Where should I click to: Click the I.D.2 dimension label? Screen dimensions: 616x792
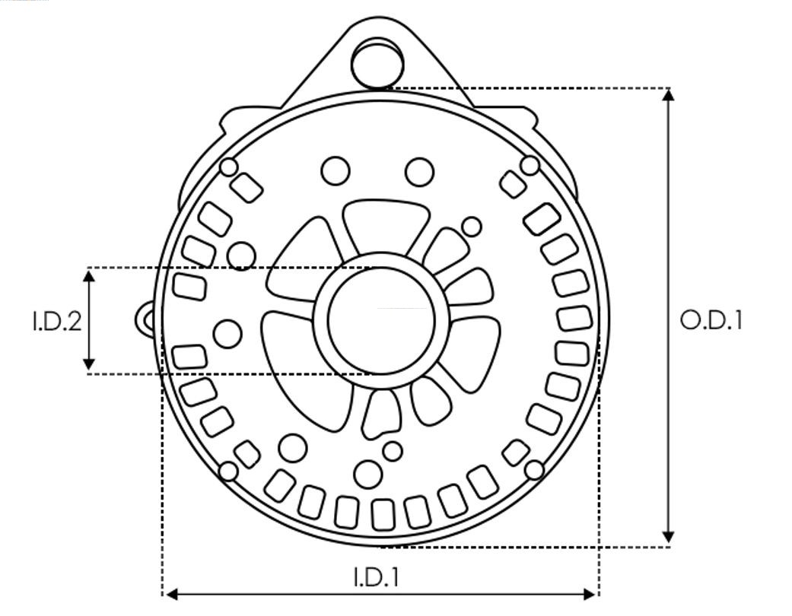tap(56, 321)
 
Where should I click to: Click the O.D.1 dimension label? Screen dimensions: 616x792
tap(711, 320)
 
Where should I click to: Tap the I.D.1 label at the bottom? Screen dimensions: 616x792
tap(376, 577)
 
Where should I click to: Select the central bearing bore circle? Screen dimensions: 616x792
tap(381, 320)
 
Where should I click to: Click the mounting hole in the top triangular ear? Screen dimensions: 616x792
tap(377, 63)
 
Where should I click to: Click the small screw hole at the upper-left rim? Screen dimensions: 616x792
tap(229, 167)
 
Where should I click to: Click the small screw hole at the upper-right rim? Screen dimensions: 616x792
tap(530, 165)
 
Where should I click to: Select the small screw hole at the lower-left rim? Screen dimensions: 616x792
tap(228, 472)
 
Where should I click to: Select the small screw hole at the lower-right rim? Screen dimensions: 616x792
tap(535, 470)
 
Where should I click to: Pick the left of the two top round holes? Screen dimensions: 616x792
tap(335, 171)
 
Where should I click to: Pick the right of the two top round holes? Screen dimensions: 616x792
tap(419, 172)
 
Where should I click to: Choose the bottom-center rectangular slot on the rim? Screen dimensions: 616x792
tap(383, 514)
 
